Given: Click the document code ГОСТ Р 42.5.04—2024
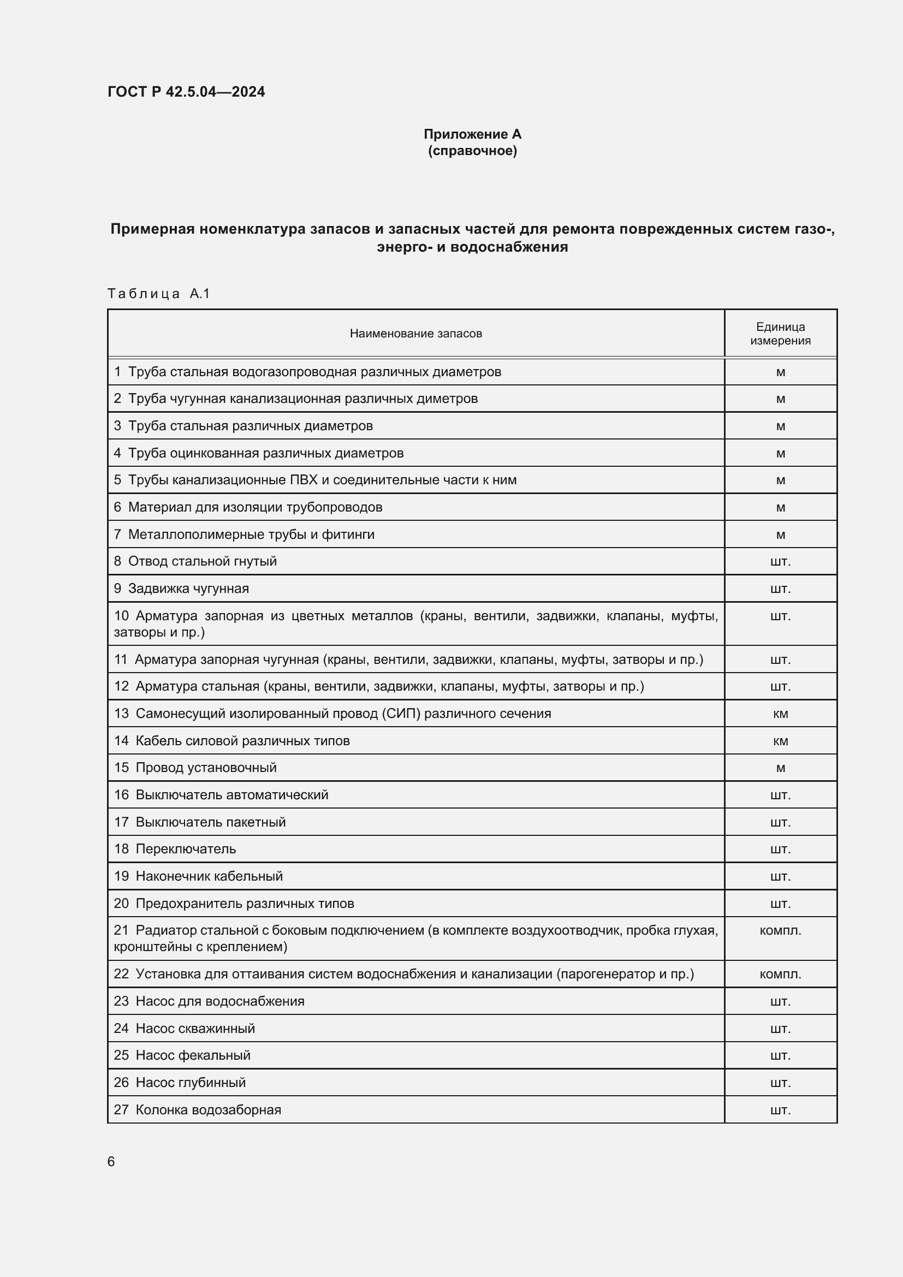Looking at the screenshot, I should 186,92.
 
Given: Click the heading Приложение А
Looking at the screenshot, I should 472,134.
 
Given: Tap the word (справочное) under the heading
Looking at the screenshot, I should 472,151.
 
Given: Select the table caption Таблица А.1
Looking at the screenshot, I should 158,294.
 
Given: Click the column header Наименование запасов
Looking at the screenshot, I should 415,334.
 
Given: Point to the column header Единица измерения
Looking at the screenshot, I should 780,334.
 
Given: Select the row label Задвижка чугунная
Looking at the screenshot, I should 188,589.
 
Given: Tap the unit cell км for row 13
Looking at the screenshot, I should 780,714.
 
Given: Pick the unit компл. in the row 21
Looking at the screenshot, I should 780,930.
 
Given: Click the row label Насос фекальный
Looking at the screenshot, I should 193,1056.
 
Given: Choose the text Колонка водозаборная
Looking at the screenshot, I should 208,1109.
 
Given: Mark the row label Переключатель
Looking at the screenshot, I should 186,850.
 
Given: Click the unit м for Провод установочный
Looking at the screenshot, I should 780,768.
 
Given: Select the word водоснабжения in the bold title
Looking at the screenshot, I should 509,247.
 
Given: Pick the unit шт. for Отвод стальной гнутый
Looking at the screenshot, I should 780,562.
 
